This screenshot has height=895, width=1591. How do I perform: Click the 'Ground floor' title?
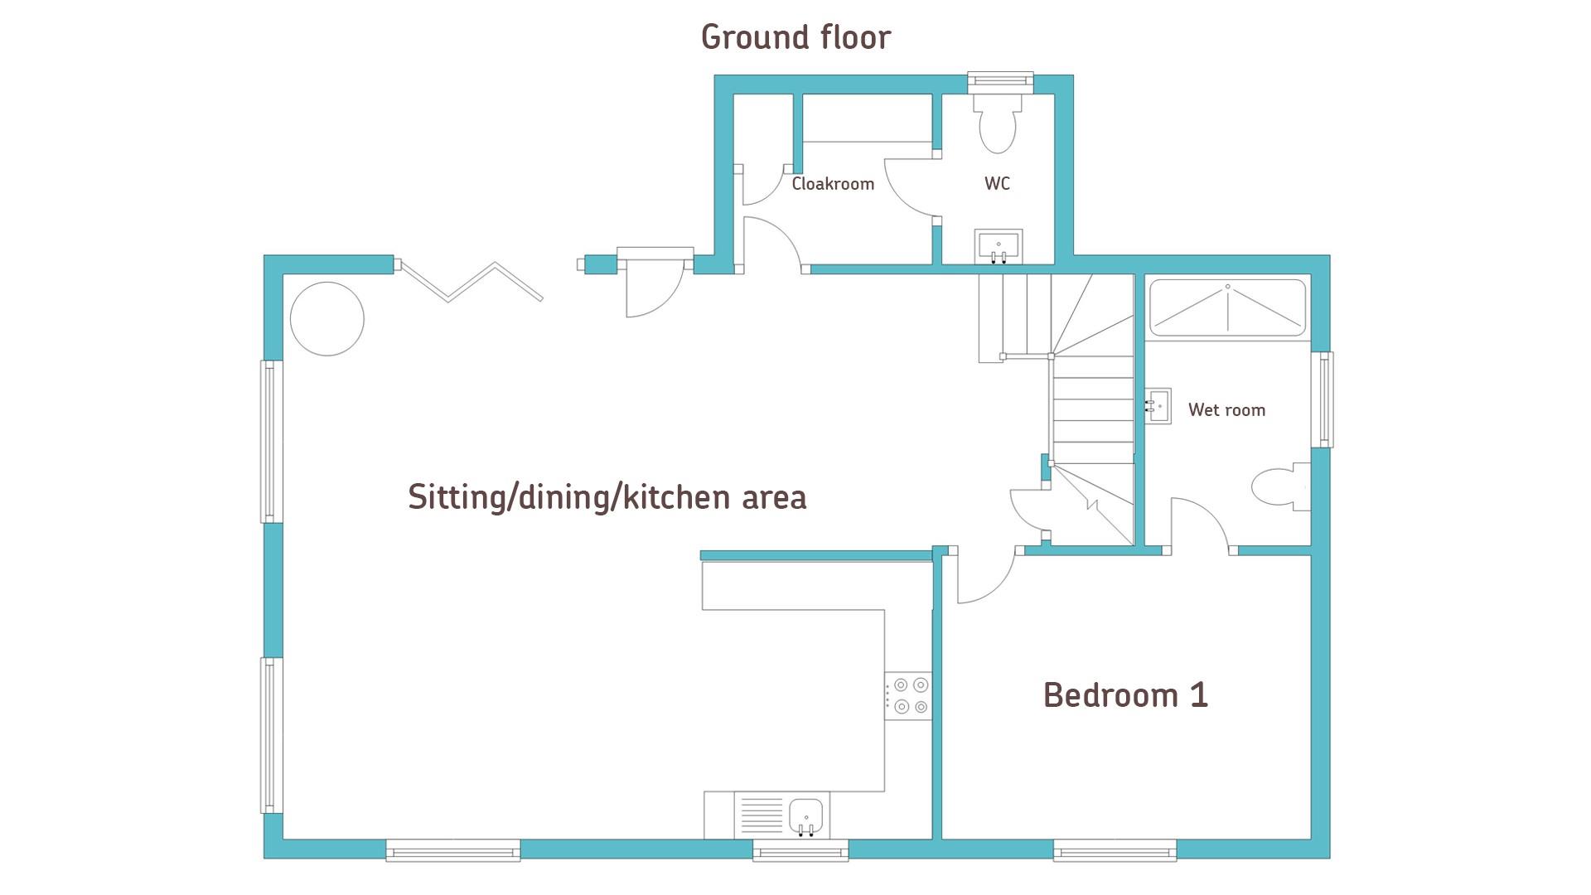coord(795,37)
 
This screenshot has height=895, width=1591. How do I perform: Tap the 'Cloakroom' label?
coord(833,184)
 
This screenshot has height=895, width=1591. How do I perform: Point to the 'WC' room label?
coord(997,184)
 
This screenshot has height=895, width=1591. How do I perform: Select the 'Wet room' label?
coord(1226,409)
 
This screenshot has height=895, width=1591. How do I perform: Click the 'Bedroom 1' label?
coord(1125,694)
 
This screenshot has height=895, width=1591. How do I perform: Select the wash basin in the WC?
coord(999,246)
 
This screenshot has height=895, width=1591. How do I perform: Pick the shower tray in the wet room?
coord(1227,308)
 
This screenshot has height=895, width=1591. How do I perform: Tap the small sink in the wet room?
coord(1158,406)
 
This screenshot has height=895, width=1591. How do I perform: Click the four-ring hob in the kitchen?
coord(908,696)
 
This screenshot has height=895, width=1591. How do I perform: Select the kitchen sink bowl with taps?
coord(805,816)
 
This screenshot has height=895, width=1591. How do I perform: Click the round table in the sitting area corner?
coord(327,319)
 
